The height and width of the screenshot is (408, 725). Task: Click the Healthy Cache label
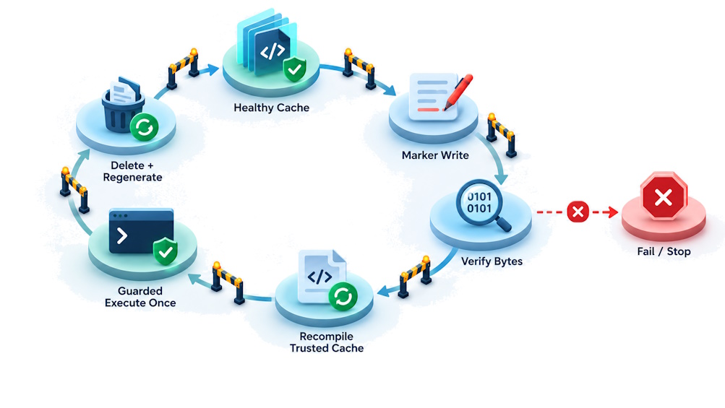click(271, 108)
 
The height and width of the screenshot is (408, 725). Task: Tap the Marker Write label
click(435, 155)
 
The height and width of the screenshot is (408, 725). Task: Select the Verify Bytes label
click(492, 261)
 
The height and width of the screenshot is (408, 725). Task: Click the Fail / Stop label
click(664, 251)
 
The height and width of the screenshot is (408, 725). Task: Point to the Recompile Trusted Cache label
click(327, 342)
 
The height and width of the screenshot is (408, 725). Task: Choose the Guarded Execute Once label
click(140, 297)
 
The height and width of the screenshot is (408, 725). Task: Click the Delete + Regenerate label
click(133, 171)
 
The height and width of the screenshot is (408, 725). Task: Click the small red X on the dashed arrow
click(578, 212)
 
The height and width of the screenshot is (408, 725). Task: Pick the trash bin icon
click(121, 105)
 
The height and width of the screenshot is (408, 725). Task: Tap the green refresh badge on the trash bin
click(145, 127)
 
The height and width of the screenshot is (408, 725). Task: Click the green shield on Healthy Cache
click(294, 70)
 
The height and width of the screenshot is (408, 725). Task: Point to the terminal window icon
click(141, 232)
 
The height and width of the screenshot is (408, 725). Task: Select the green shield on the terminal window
click(165, 251)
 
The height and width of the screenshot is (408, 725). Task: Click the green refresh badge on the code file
click(343, 296)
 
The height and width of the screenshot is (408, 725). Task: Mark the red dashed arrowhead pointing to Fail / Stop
click(613, 212)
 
